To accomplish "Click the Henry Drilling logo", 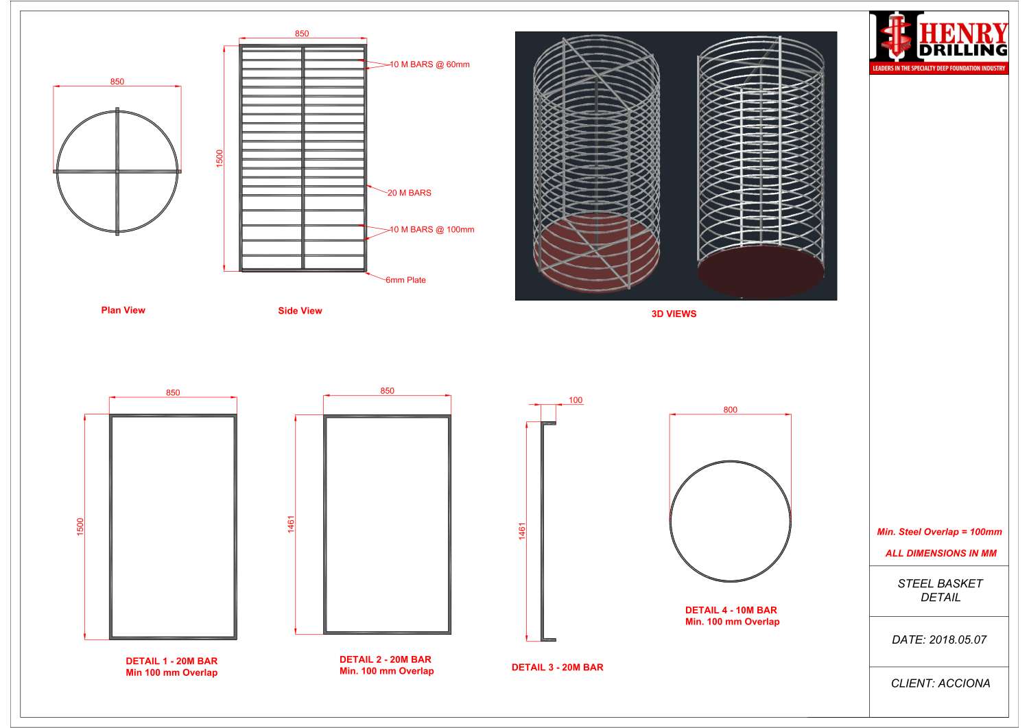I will pyautogui.click(x=939, y=42).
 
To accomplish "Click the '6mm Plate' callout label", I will pyautogui.click(x=405, y=280).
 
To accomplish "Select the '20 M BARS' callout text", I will pyautogui.click(x=410, y=193).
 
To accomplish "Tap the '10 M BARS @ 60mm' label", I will pyautogui.click(x=430, y=64).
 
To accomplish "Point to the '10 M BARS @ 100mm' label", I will pyautogui.click(x=432, y=230).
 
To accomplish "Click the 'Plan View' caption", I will pyautogui.click(x=123, y=310).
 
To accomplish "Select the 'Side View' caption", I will pyautogui.click(x=300, y=311).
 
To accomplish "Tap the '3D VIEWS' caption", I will pyautogui.click(x=674, y=314).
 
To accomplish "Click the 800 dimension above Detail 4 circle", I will pyautogui.click(x=730, y=410).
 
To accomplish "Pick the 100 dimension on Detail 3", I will pyautogui.click(x=576, y=400).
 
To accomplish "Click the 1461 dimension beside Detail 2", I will pyautogui.click(x=291, y=524).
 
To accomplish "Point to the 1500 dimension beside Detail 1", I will pyautogui.click(x=80, y=527).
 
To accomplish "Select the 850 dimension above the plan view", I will pyautogui.click(x=117, y=82).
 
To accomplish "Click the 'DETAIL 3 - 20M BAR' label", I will pyautogui.click(x=557, y=667).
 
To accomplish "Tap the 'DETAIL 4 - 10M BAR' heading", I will pyautogui.click(x=731, y=610).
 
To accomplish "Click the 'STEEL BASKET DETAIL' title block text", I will pyautogui.click(x=940, y=590).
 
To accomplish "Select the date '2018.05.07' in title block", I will pyautogui.click(x=958, y=639).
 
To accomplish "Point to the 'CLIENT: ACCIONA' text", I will pyautogui.click(x=940, y=683).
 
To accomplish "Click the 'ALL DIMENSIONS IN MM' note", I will pyautogui.click(x=941, y=553).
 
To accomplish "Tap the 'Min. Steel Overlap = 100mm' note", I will pyautogui.click(x=939, y=532).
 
